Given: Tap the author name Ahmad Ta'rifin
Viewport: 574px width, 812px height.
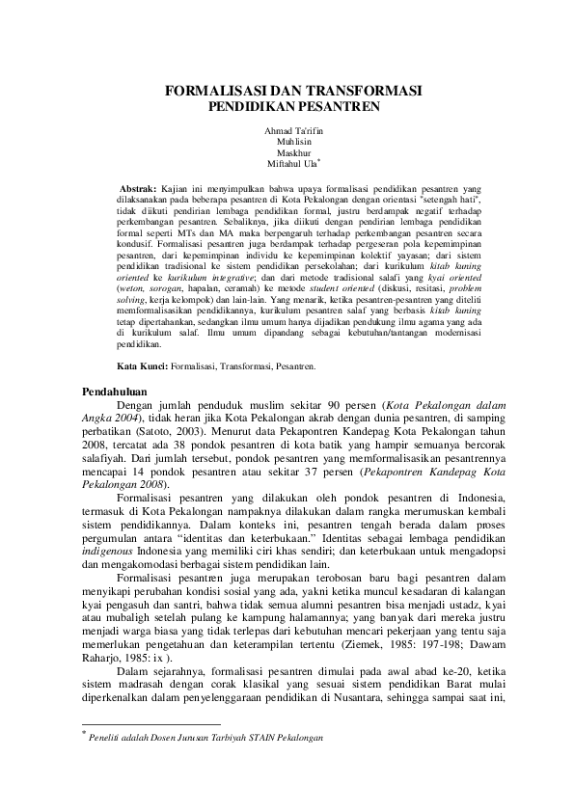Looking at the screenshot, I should coord(287,129).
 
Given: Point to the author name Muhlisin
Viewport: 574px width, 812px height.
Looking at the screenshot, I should coord(287,141).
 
